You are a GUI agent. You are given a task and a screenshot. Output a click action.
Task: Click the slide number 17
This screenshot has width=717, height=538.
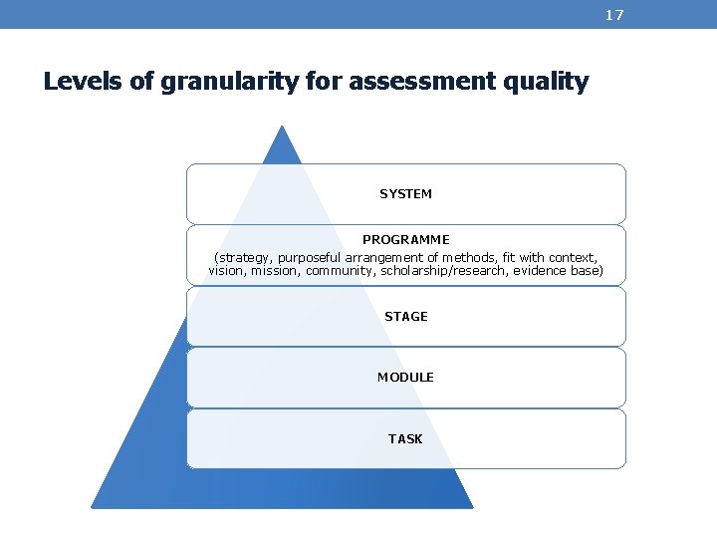[x=614, y=14]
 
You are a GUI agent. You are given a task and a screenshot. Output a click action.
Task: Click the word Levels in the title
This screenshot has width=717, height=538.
[x=84, y=82]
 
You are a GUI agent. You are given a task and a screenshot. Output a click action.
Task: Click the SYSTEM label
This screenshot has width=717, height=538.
[x=405, y=194]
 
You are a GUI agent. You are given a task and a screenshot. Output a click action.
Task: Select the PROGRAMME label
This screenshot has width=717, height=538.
[x=405, y=240]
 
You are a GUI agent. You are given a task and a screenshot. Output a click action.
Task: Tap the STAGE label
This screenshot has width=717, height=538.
[x=405, y=317]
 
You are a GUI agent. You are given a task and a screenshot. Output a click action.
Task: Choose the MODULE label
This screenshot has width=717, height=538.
[x=405, y=378]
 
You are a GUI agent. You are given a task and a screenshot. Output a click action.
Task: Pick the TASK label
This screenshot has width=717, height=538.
[x=405, y=439]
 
